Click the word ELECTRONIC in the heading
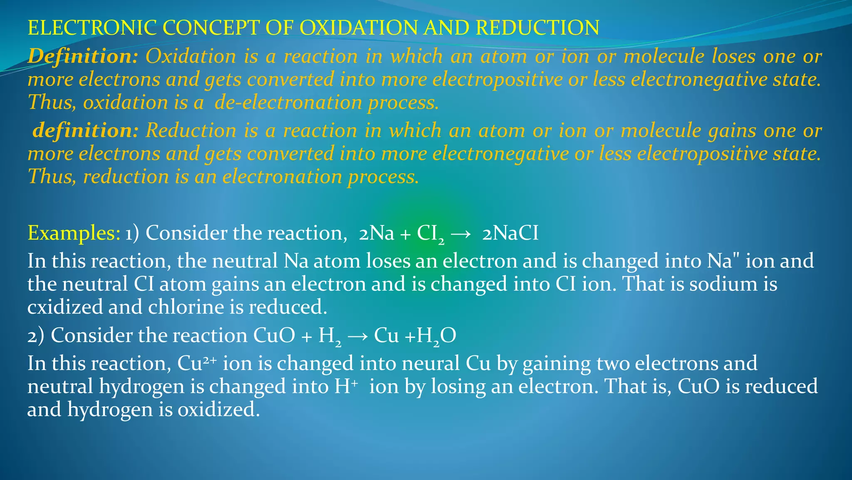click(x=92, y=28)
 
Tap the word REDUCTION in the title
click(x=537, y=28)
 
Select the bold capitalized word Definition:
click(x=82, y=56)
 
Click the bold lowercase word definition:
click(x=85, y=130)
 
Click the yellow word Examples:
click(x=74, y=233)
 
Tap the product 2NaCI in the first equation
click(x=510, y=233)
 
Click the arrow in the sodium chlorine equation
click(x=461, y=234)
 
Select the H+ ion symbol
click(x=346, y=386)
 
